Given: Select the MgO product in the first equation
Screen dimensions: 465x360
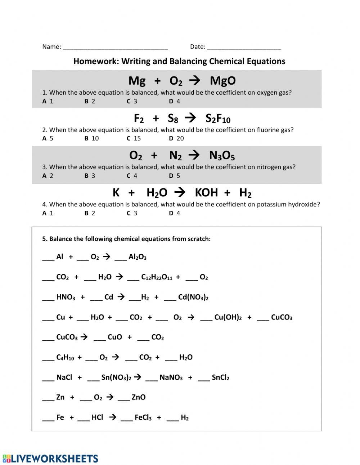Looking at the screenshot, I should [222, 81].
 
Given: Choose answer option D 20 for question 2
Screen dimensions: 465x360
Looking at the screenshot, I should [176, 138].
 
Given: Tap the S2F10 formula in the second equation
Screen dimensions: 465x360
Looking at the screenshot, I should [218, 119].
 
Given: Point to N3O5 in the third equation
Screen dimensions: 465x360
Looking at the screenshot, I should [222, 156].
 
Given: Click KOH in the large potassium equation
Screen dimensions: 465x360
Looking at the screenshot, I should [206, 193].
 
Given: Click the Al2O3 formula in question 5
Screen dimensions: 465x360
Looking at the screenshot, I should [137, 257].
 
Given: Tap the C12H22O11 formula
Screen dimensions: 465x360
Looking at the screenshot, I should [157, 277].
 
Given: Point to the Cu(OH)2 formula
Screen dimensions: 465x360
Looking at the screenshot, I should [228, 317].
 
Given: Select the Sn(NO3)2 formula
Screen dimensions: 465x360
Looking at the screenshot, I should [116, 377].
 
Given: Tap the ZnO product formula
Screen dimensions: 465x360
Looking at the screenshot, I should [139, 397].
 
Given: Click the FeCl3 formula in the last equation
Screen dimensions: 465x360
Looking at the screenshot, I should [143, 417].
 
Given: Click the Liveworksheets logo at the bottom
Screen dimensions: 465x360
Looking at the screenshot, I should [50, 459].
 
